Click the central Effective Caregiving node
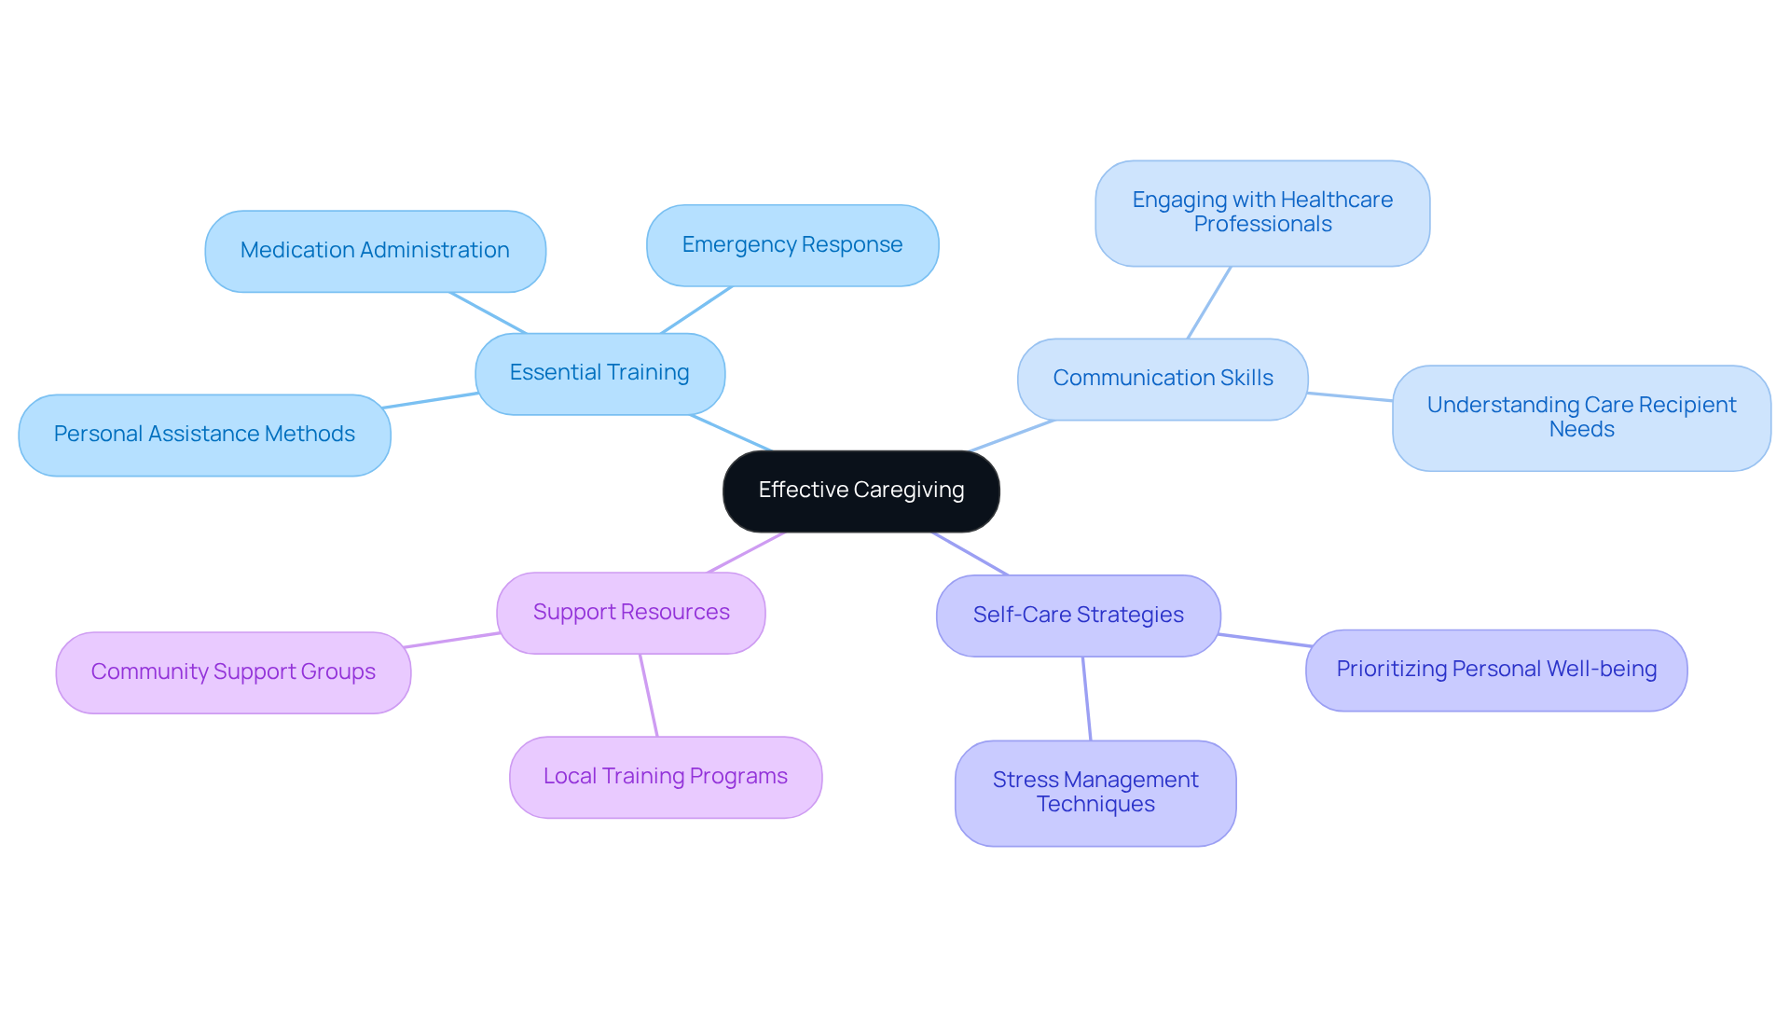coord(861,491)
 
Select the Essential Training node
coord(599,373)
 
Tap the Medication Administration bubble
coord(375,251)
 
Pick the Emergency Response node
coord(792,245)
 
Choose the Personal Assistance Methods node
coord(204,435)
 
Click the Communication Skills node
coord(1163,379)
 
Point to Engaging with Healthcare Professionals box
coord(1262,213)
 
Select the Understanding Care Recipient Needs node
coord(1581,418)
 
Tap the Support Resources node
coord(631,613)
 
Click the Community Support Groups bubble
coord(233,672)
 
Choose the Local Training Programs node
coord(666,777)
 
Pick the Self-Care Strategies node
coord(1078,616)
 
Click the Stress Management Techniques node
coord(1095,793)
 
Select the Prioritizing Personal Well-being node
coord(1495,670)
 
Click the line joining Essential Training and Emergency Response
coord(696,310)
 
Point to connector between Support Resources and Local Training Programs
coord(649,696)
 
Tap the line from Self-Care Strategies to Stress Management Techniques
coord(1087,699)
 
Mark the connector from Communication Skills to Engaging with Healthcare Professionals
coord(1209,302)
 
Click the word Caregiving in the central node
coord(909,491)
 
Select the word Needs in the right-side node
coord(1581,430)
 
